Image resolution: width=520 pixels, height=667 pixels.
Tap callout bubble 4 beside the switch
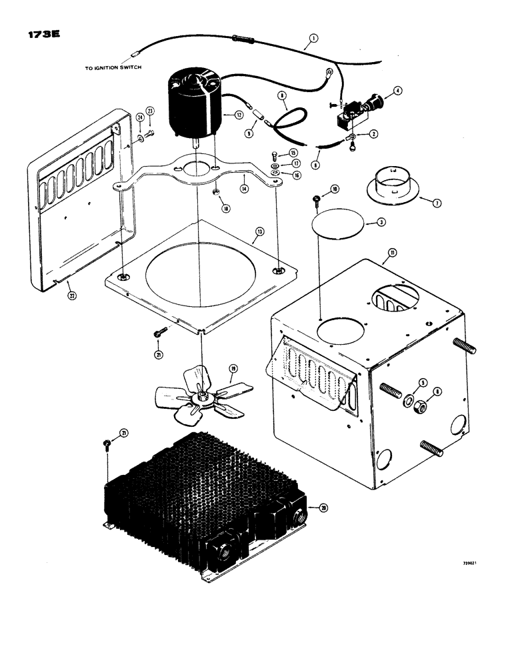click(398, 91)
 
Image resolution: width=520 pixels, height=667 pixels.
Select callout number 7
click(437, 203)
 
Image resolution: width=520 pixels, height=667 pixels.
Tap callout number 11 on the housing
click(393, 253)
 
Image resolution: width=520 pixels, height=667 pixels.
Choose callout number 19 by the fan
click(233, 368)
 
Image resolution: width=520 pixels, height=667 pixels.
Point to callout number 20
click(323, 508)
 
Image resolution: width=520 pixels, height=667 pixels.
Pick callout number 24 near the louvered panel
click(140, 119)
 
